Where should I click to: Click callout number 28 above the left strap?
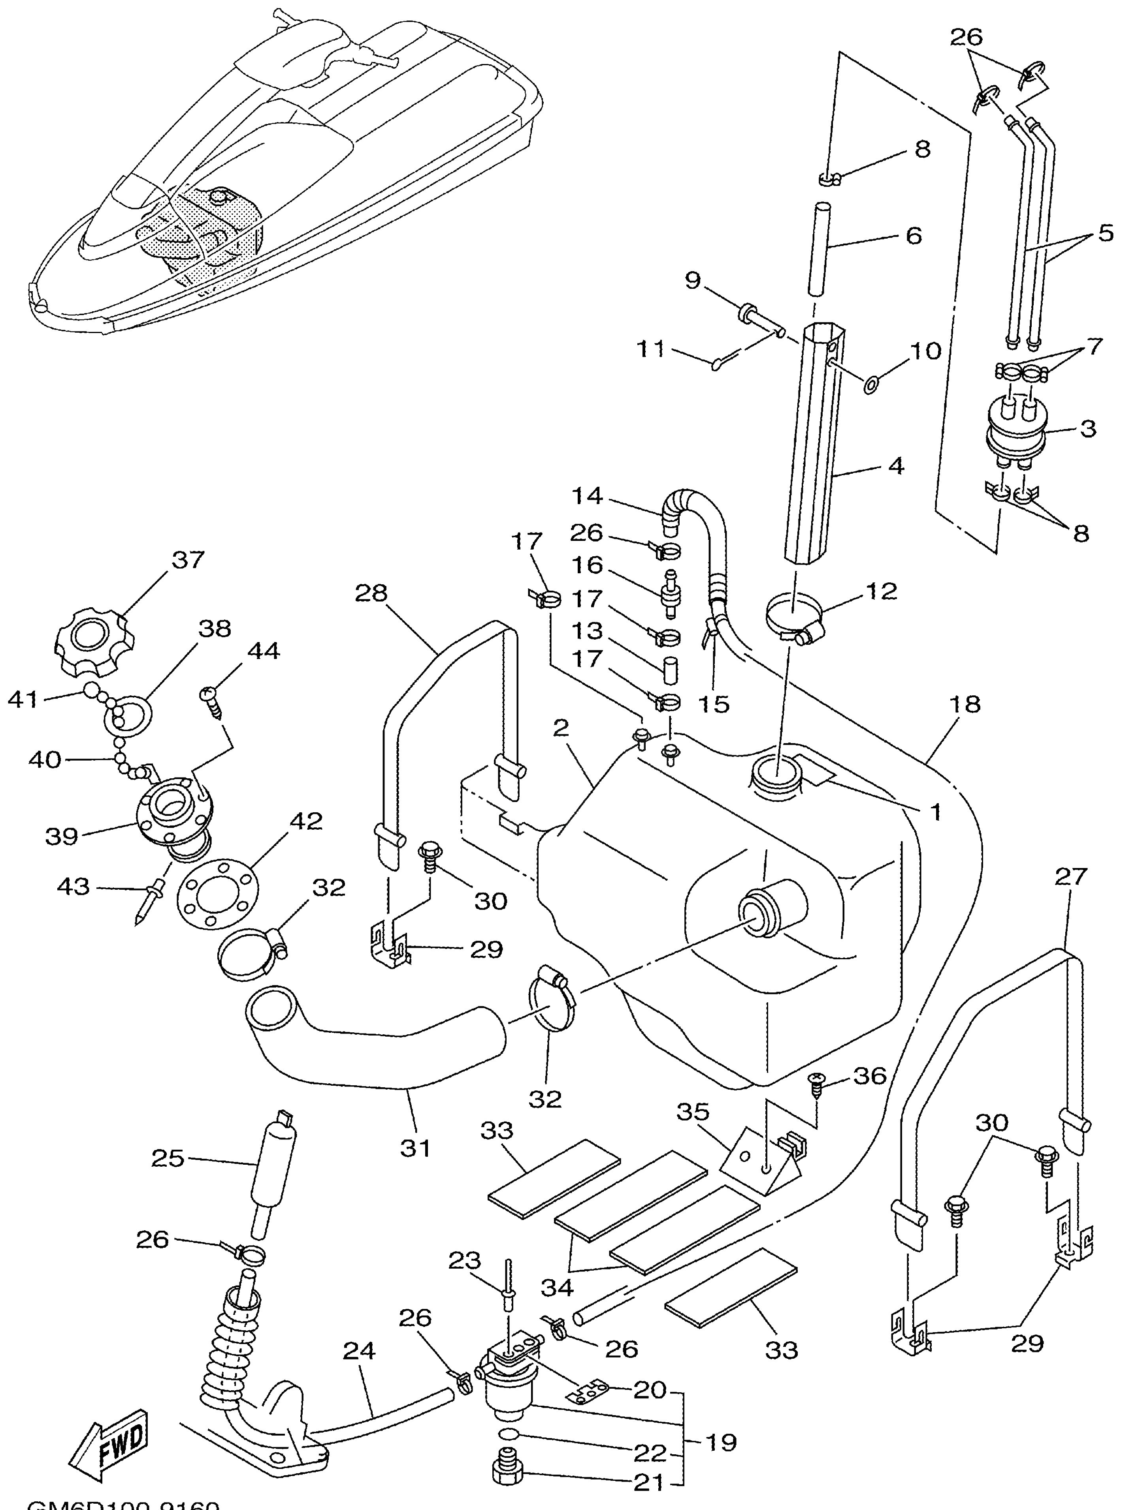click(x=371, y=593)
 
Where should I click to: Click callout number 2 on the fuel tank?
click(x=560, y=728)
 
